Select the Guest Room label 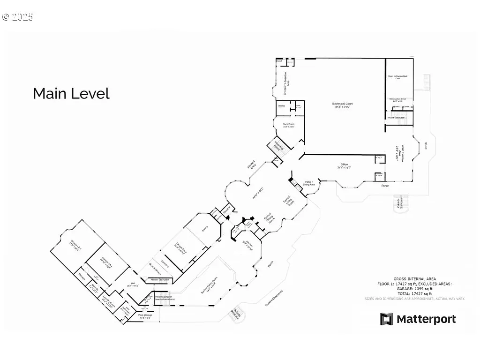288,125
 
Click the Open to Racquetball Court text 397,77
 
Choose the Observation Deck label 399,100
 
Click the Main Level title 71,94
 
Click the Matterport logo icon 387,319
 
